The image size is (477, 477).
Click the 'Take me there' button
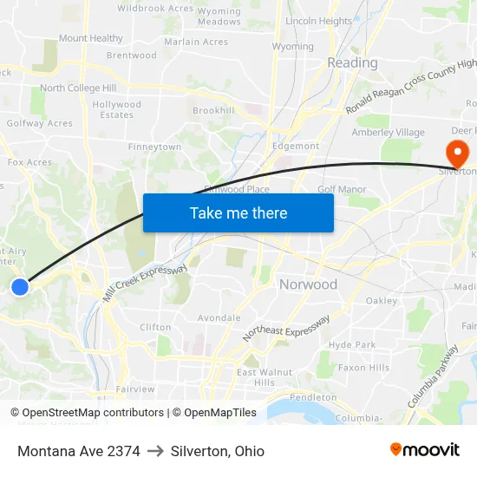(238, 212)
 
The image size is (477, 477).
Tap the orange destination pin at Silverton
(456, 154)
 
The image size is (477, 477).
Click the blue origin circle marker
(20, 287)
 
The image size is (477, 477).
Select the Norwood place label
(308, 284)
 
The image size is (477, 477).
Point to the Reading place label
(352, 62)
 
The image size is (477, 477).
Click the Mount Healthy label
(91, 38)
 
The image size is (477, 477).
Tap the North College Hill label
(78, 88)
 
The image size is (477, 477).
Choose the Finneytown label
(154, 147)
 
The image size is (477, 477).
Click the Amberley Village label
(388, 133)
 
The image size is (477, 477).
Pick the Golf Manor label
(342, 189)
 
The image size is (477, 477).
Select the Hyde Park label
(352, 344)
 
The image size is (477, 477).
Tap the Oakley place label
(382, 301)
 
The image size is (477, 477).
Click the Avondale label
(219, 318)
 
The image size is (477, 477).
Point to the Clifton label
(155, 328)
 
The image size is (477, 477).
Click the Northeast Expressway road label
(286, 327)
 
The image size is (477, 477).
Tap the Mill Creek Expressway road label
(145, 284)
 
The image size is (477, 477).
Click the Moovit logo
(425, 450)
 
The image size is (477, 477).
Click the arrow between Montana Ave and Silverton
(155, 451)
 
